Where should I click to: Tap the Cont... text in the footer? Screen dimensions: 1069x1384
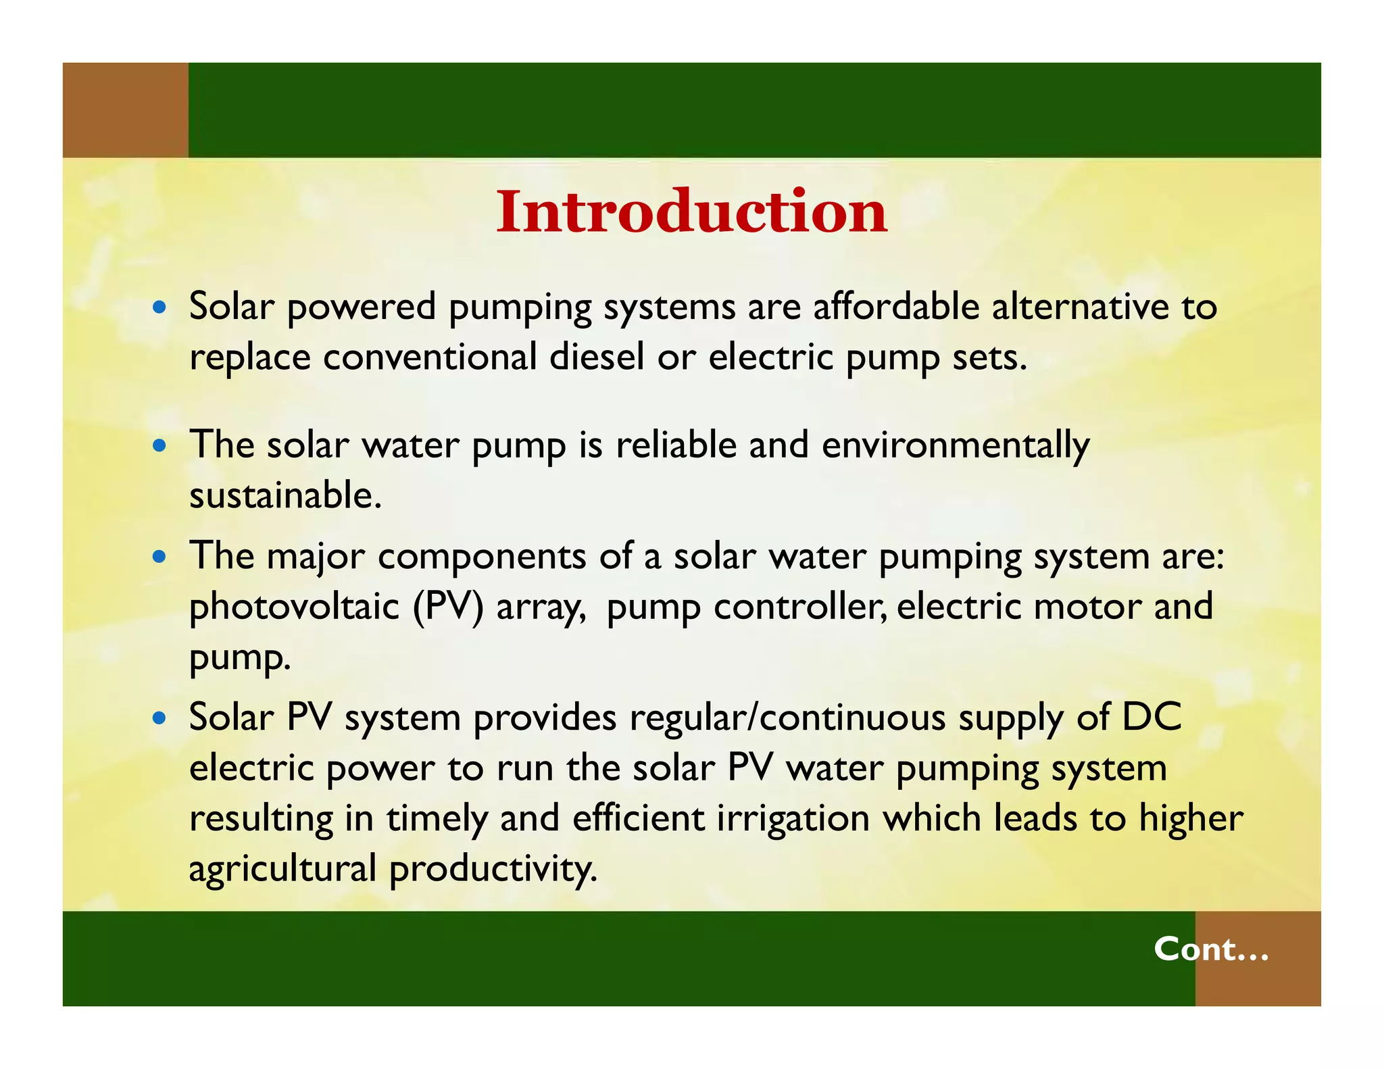[1211, 949]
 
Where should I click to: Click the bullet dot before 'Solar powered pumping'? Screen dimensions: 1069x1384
[159, 307]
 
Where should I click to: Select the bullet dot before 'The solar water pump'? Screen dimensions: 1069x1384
[159, 446]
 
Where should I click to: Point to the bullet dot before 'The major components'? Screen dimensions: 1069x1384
[159, 557]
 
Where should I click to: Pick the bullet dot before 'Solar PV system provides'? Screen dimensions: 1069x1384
[159, 718]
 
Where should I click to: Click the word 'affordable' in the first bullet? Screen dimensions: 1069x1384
[895, 307]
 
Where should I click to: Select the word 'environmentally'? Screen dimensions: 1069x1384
[956, 446]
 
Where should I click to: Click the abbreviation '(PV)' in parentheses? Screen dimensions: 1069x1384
[449, 607]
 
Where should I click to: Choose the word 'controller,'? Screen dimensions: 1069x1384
[800, 607]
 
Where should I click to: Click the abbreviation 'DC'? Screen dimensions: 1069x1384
[1152, 717]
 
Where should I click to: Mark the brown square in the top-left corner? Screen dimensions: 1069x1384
[125, 110]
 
